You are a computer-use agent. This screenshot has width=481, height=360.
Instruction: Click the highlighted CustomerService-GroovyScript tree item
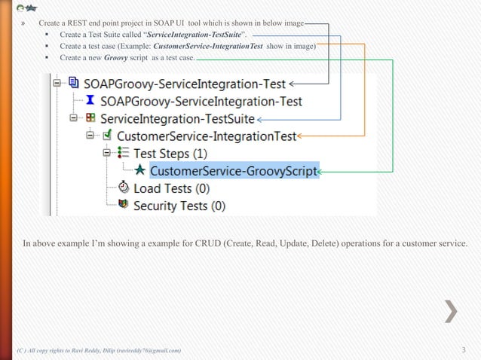pos(234,171)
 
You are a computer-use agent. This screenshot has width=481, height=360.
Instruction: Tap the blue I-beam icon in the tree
pos(90,101)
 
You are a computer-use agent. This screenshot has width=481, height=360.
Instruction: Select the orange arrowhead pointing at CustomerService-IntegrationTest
pos(301,136)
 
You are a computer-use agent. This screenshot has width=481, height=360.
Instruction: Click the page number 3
pos(464,350)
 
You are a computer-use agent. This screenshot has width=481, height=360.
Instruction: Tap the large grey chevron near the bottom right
pos(450,310)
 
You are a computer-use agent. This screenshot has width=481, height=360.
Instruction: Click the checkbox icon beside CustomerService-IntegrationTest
pos(107,136)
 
